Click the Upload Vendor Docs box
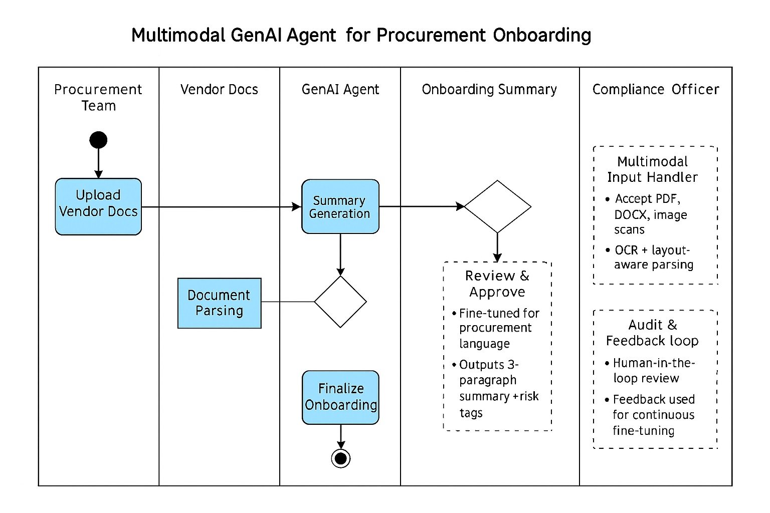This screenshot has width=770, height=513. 98,206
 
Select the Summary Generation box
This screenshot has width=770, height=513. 340,206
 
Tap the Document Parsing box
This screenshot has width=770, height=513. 219,303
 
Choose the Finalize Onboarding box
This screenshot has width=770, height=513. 340,397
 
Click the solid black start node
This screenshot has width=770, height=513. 98,140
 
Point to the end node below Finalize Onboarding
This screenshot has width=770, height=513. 341,458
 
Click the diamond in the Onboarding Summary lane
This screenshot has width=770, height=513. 497,206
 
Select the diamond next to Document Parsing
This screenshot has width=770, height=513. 340,302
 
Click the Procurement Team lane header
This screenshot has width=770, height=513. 98,97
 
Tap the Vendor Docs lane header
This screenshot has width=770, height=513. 219,90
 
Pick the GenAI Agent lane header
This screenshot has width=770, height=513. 340,90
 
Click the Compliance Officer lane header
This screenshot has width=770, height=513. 655,90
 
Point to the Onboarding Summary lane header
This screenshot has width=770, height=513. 489,90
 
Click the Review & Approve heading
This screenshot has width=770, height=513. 497,284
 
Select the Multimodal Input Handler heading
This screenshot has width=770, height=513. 652,169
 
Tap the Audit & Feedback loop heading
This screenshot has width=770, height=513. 652,333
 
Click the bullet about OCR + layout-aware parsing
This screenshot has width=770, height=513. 652,257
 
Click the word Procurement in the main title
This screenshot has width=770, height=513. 431,36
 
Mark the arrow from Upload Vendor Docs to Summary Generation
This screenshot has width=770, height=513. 221,206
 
